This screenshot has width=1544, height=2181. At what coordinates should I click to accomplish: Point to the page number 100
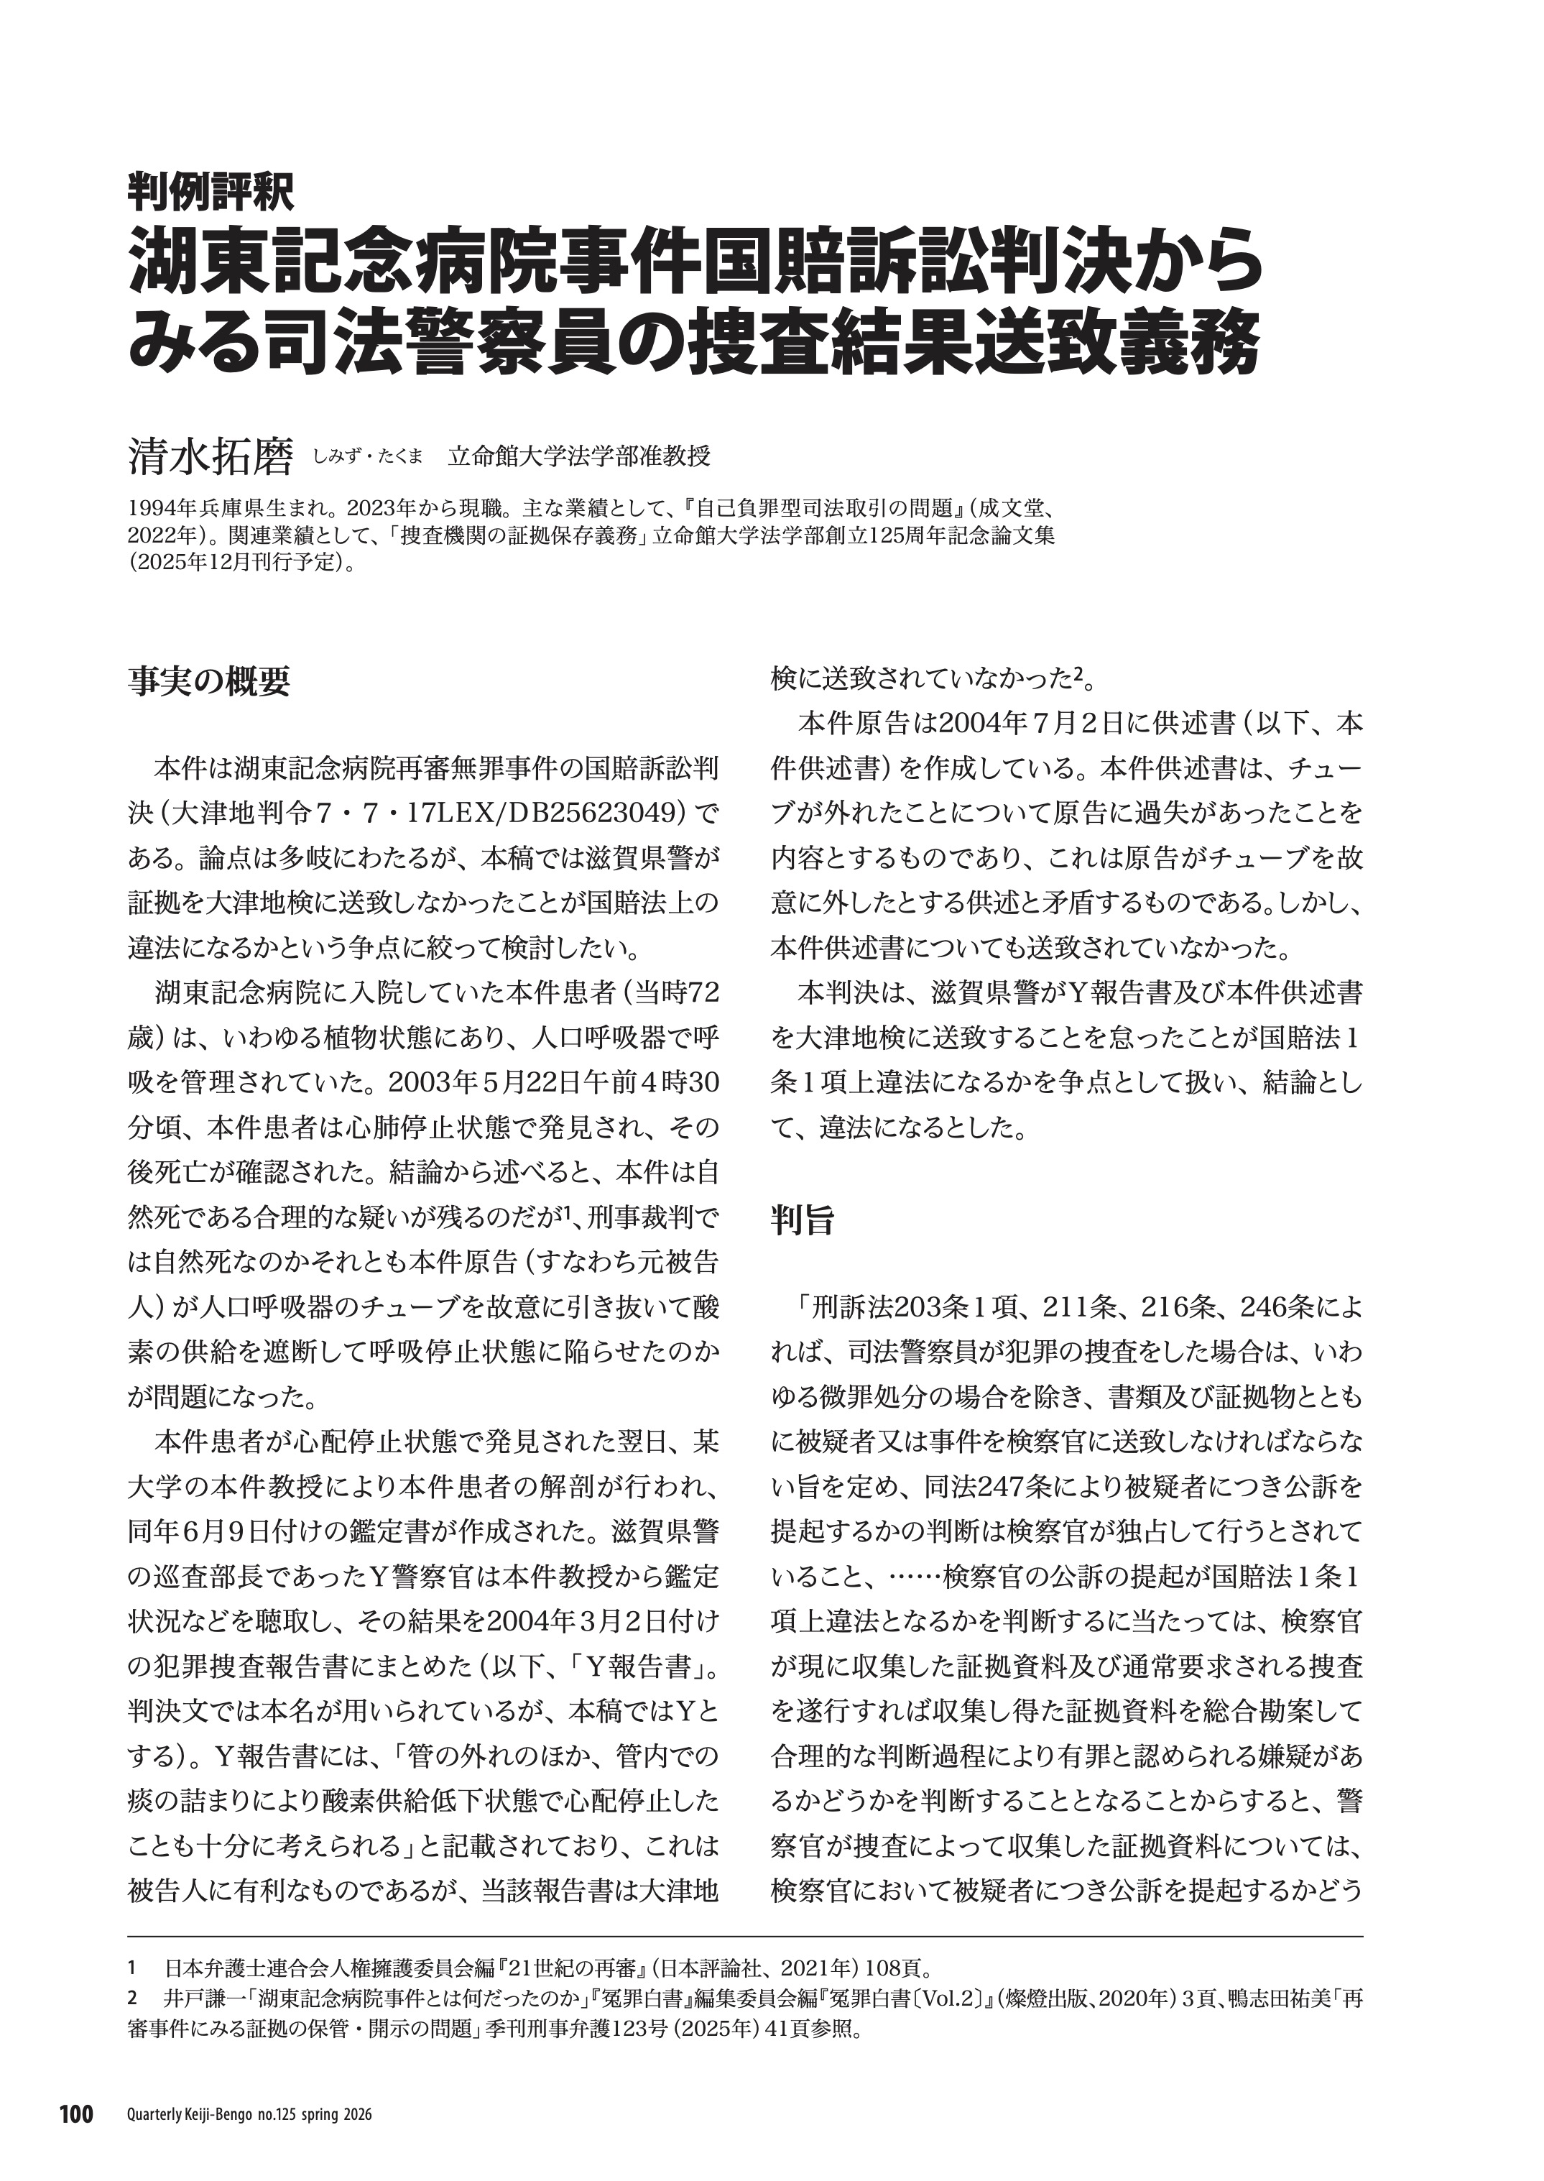(x=76, y=2108)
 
